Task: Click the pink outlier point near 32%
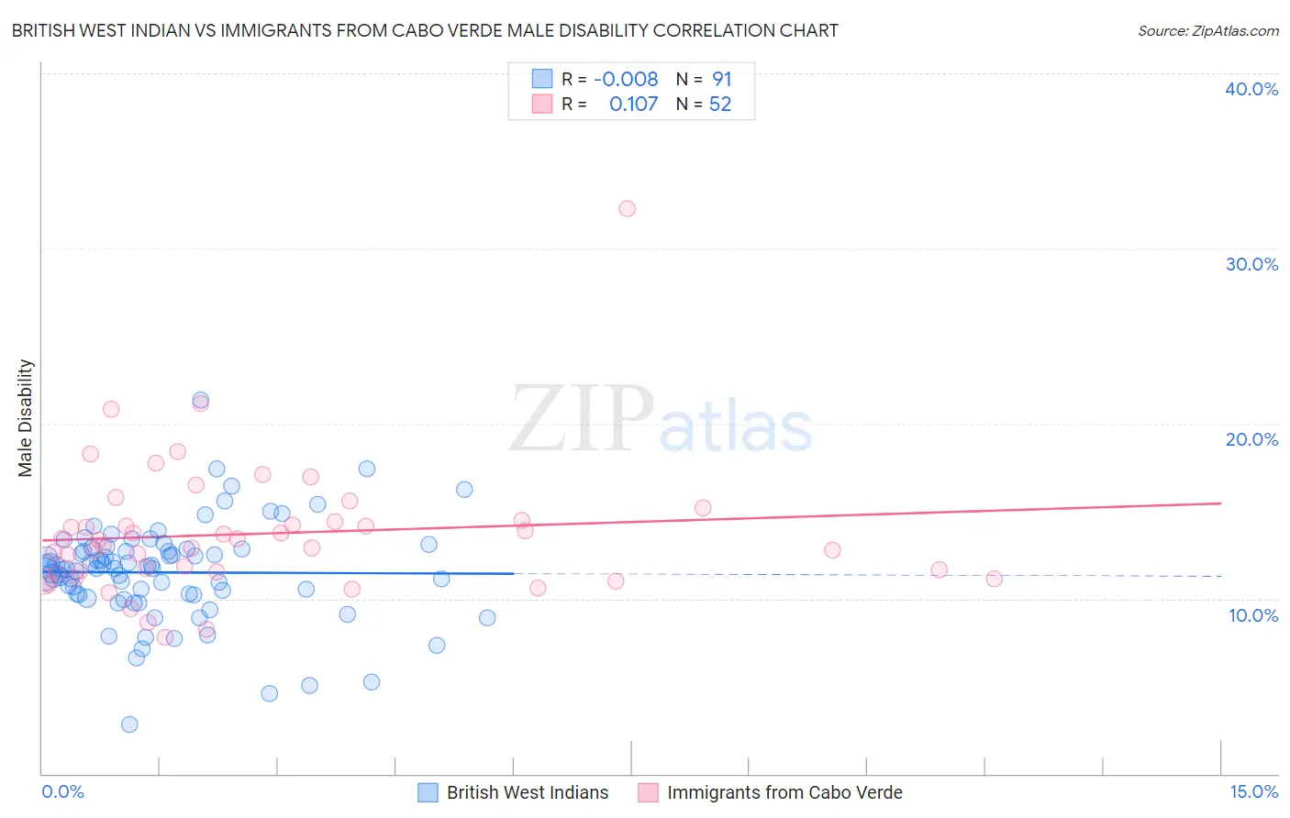[x=627, y=209]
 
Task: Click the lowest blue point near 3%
[x=129, y=724]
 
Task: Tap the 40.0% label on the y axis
[x=1251, y=89]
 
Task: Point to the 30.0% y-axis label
[x=1251, y=264]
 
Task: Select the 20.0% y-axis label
[x=1251, y=439]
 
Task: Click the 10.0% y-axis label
[x=1253, y=615]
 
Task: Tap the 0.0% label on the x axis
[x=62, y=792]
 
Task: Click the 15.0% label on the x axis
[x=1253, y=792]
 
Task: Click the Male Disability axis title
[x=26, y=418]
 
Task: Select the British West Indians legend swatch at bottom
[x=428, y=793]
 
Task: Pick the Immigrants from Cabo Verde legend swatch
[x=648, y=793]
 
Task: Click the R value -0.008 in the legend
[x=626, y=80]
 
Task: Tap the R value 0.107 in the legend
[x=633, y=105]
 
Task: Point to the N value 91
[x=722, y=80]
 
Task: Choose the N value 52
[x=720, y=105]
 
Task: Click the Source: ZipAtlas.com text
[x=1207, y=31]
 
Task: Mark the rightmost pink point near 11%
[x=994, y=579]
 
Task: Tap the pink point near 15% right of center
[x=703, y=508]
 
